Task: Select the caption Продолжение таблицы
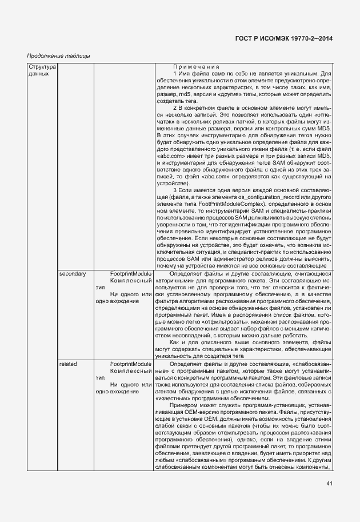(x=59, y=55)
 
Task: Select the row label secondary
(x=73, y=274)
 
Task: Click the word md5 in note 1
(x=185, y=94)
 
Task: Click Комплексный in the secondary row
(x=130, y=281)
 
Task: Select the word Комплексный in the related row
(x=130, y=370)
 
